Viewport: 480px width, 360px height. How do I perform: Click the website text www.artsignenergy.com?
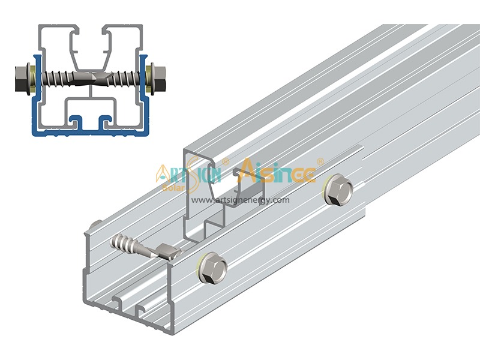(241, 200)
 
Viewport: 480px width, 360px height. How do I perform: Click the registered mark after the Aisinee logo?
(320, 161)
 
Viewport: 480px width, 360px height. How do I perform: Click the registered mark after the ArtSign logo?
(226, 161)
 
